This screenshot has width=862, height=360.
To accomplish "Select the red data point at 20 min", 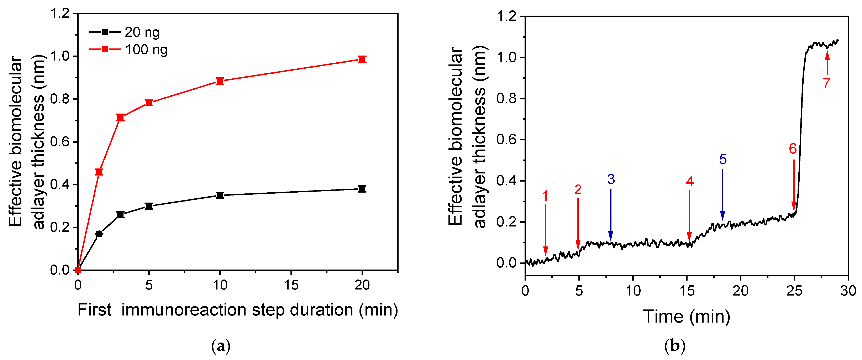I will tap(362, 59).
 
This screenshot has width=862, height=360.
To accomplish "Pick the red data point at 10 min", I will tap(220, 81).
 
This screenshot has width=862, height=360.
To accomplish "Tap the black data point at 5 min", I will tap(149, 206).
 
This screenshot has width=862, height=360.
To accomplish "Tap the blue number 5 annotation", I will tap(722, 160).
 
